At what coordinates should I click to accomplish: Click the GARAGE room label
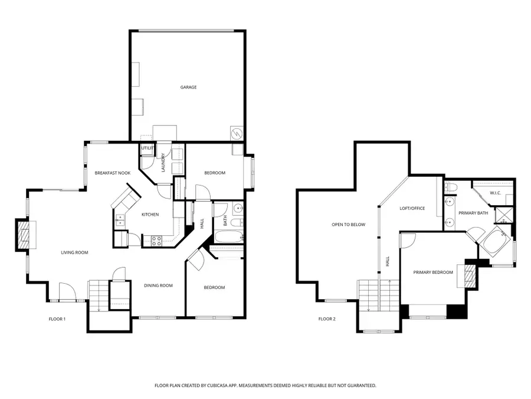point(188,87)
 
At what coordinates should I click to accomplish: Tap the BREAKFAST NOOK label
point(112,173)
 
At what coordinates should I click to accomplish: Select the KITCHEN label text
point(150,214)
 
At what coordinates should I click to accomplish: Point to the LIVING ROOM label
point(74,252)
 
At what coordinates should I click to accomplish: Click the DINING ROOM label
point(158,286)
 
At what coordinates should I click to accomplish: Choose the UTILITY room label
point(146,148)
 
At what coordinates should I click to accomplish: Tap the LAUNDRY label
point(163,163)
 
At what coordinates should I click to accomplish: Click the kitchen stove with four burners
point(158,241)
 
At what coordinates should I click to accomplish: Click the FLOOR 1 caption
point(57,319)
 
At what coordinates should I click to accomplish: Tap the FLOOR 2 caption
point(327,319)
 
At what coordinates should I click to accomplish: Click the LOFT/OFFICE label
point(412,208)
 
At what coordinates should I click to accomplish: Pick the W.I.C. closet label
point(496,193)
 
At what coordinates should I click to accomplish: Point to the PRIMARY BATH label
point(473,213)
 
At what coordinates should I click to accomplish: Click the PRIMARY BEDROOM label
point(433,272)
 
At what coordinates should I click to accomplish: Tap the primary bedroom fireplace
point(470,275)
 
